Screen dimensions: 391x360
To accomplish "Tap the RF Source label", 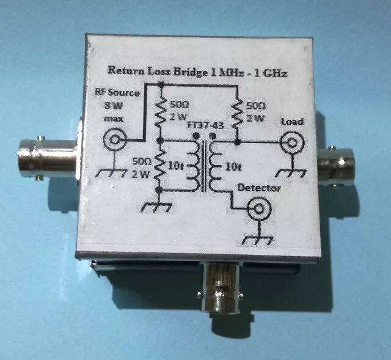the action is click(x=118, y=93).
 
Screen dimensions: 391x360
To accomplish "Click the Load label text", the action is click(x=291, y=122).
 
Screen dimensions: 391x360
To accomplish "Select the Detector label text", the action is click(x=259, y=188).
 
